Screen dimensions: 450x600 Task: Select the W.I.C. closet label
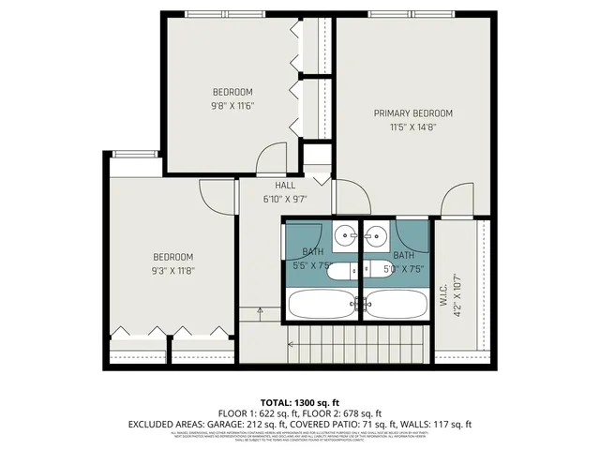(x=444, y=292)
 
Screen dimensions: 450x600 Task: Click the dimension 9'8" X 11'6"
(x=232, y=105)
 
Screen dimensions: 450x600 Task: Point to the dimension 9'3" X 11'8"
(x=173, y=271)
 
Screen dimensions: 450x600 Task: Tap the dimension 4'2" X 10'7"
(x=457, y=292)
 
